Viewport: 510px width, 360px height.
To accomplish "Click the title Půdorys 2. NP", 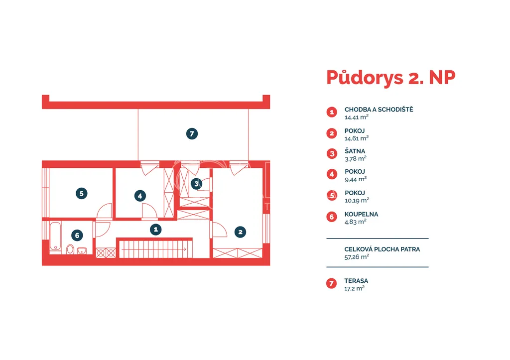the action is click(x=390, y=78).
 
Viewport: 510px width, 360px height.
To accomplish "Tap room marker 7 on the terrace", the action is click(x=192, y=133).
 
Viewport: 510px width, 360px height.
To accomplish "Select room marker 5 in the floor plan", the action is click(x=81, y=194).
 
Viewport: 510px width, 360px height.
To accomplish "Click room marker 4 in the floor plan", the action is click(x=140, y=196).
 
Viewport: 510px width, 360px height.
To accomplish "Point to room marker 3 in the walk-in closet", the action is click(x=196, y=184).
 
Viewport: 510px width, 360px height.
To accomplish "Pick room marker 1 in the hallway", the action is click(x=156, y=230).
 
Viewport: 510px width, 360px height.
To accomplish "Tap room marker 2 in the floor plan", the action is click(x=240, y=232).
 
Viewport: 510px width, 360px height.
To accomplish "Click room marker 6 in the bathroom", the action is click(x=77, y=235).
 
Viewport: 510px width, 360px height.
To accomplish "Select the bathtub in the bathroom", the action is click(x=55, y=237).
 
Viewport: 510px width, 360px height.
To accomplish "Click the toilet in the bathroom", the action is click(x=70, y=249).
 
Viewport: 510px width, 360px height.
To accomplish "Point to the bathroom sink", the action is click(x=82, y=250).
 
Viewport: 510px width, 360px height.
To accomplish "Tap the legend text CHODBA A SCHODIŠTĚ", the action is click(x=379, y=110).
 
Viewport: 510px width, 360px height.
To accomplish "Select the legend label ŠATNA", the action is click(x=355, y=151).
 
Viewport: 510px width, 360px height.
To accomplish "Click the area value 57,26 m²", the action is click(x=357, y=257).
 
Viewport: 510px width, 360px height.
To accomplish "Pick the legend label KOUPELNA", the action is click(x=362, y=214).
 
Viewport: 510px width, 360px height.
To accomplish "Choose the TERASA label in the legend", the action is click(x=356, y=281).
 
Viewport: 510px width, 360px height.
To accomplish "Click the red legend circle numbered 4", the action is click(x=332, y=174).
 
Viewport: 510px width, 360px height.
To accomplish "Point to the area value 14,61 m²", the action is click(x=357, y=138).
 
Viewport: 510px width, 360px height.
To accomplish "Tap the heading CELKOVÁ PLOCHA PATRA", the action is click(x=382, y=249).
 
